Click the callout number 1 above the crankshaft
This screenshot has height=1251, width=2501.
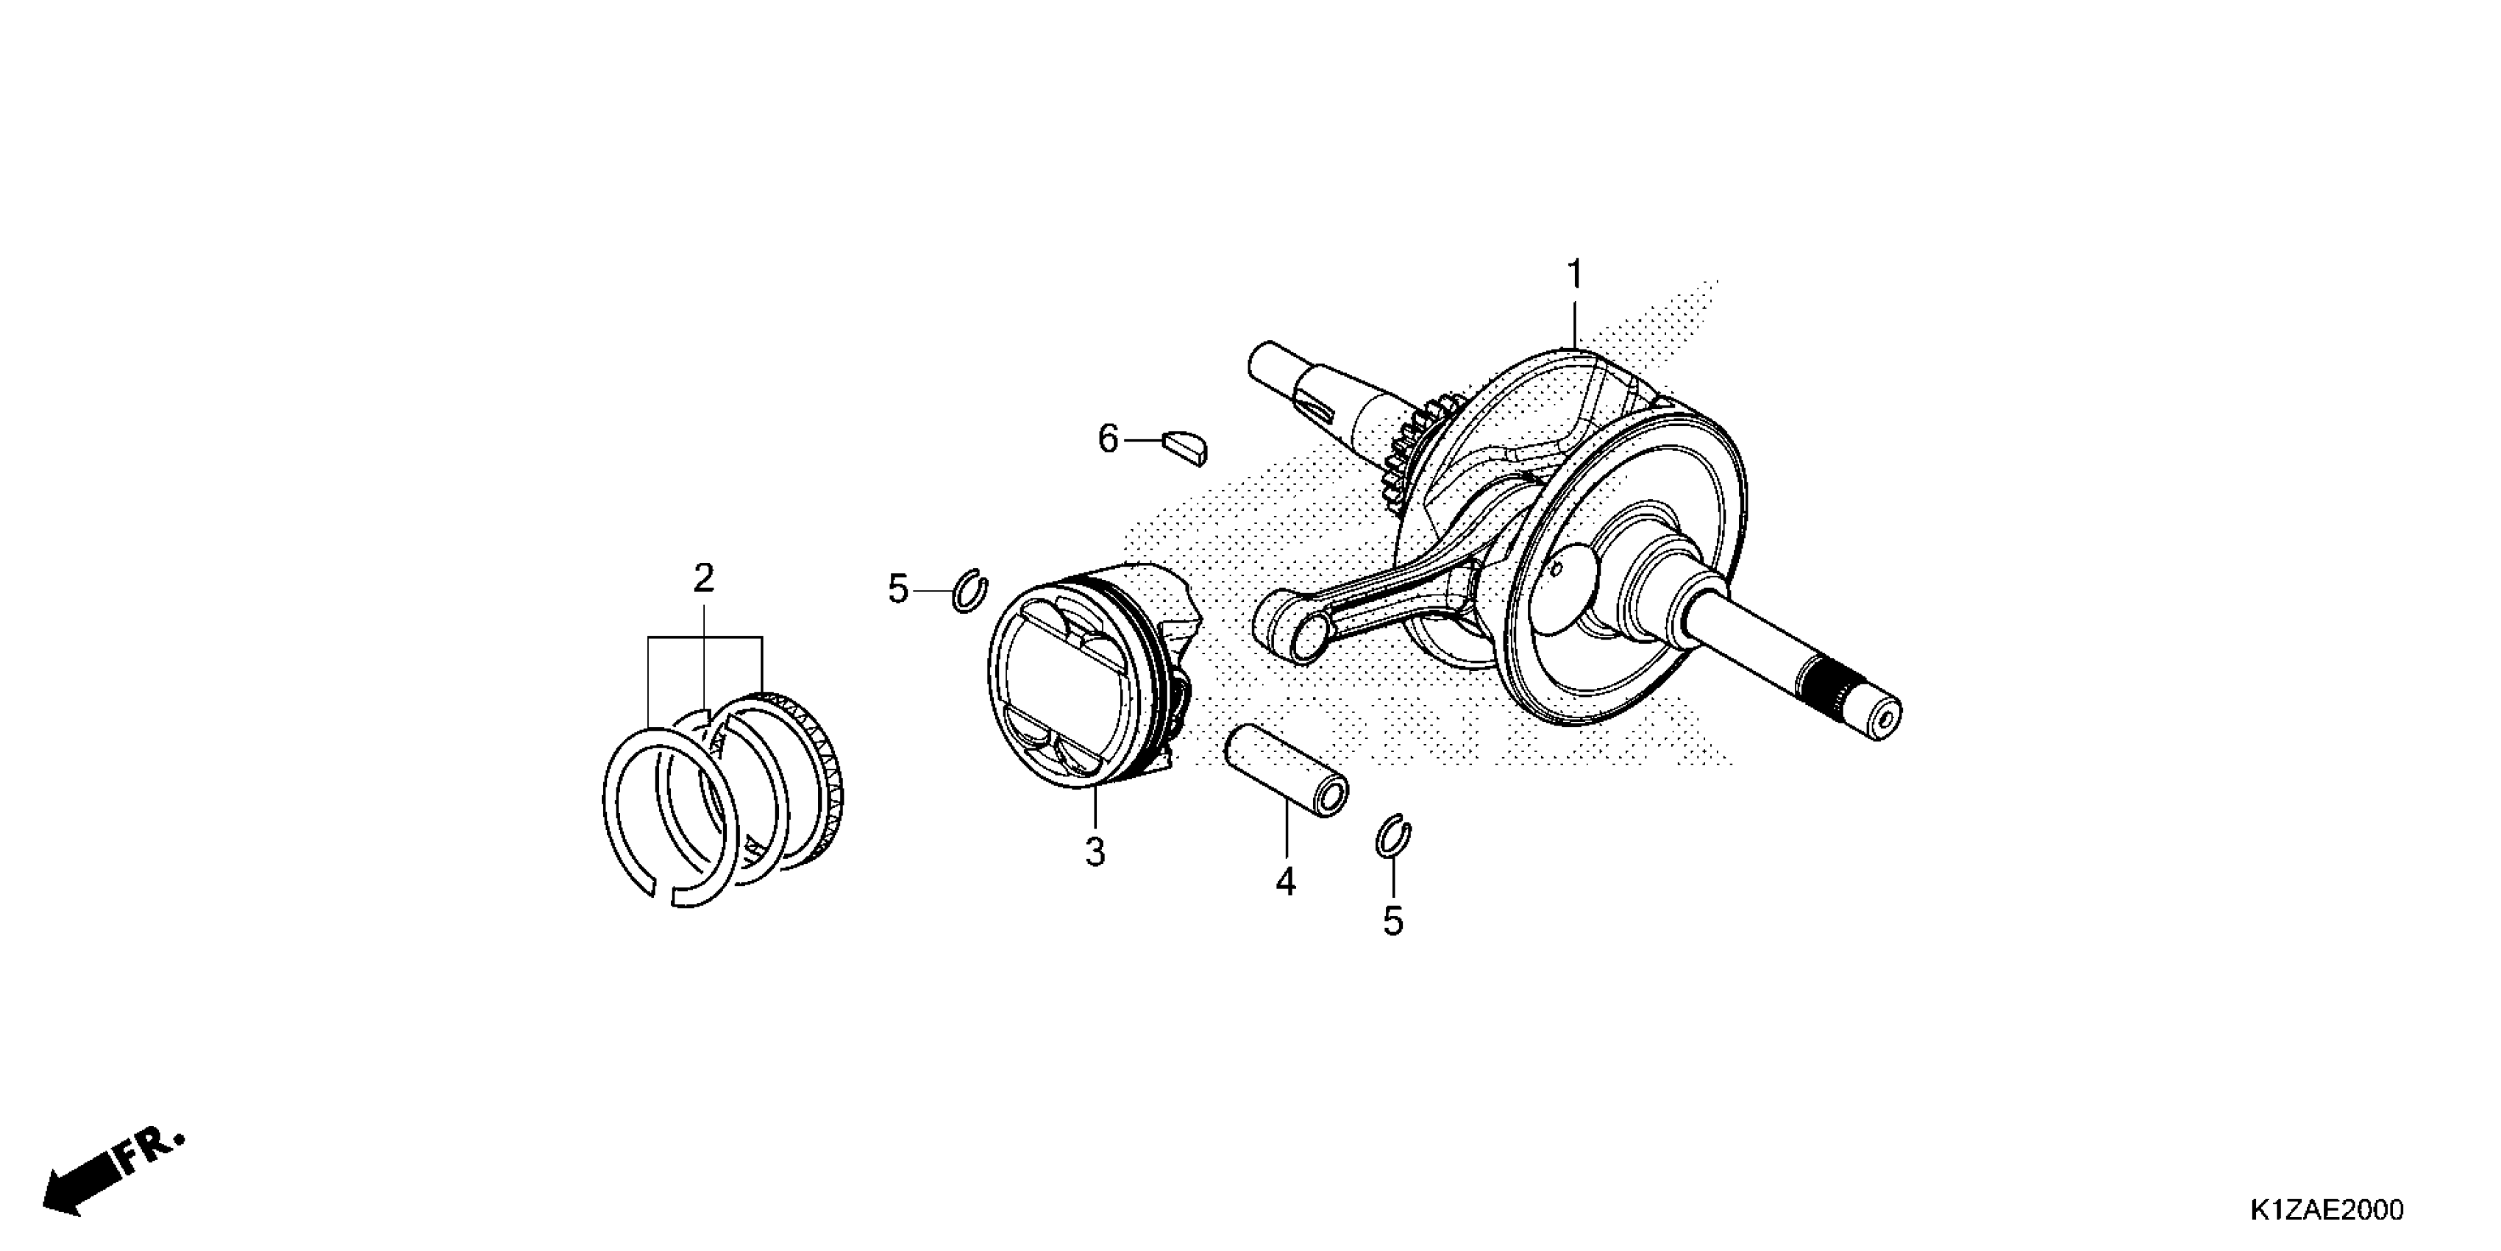[1575, 275]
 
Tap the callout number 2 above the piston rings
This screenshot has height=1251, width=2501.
[704, 579]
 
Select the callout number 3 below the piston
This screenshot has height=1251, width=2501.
[1095, 853]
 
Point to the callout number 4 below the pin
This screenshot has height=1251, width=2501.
[1286, 882]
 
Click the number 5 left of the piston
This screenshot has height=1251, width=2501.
[898, 589]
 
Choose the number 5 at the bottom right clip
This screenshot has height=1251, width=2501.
[1393, 921]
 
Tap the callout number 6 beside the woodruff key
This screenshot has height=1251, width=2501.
[1108, 439]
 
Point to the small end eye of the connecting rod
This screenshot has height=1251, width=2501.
[1287, 634]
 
